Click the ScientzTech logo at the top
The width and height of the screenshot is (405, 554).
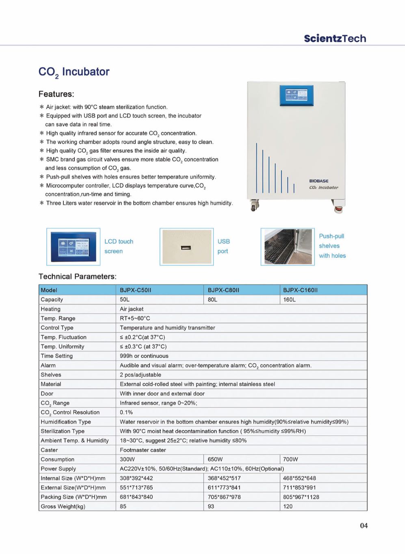(335, 39)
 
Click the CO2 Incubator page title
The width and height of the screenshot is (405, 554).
(74, 72)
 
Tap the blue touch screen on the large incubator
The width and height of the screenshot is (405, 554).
(297, 95)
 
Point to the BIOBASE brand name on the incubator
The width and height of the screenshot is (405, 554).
(319, 181)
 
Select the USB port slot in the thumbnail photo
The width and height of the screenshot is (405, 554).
(186, 248)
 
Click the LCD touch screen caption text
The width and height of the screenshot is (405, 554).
(119, 246)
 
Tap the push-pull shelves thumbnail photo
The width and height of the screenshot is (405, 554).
(288, 247)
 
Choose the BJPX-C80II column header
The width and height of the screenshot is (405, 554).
(223, 290)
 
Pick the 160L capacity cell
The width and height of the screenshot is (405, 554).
(289, 300)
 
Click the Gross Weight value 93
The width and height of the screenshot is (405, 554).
(211, 506)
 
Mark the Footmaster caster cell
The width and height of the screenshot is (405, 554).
(143, 450)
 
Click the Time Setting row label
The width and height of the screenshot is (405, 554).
(56, 356)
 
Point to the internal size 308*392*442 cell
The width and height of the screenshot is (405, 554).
(136, 478)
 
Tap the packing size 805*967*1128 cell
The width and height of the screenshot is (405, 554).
(301, 497)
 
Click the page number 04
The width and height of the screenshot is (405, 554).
(364, 526)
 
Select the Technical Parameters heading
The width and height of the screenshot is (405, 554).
(77, 277)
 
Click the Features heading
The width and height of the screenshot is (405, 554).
(56, 94)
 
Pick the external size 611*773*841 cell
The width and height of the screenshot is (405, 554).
(224, 488)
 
